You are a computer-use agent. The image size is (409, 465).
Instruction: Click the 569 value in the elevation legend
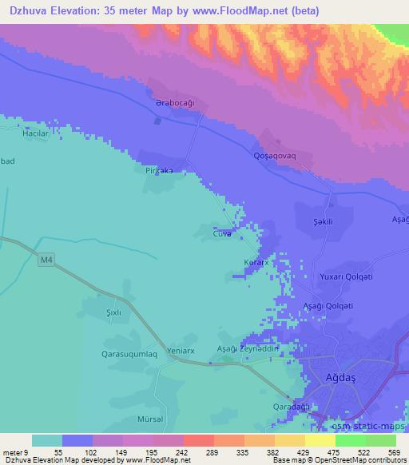click(394, 451)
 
